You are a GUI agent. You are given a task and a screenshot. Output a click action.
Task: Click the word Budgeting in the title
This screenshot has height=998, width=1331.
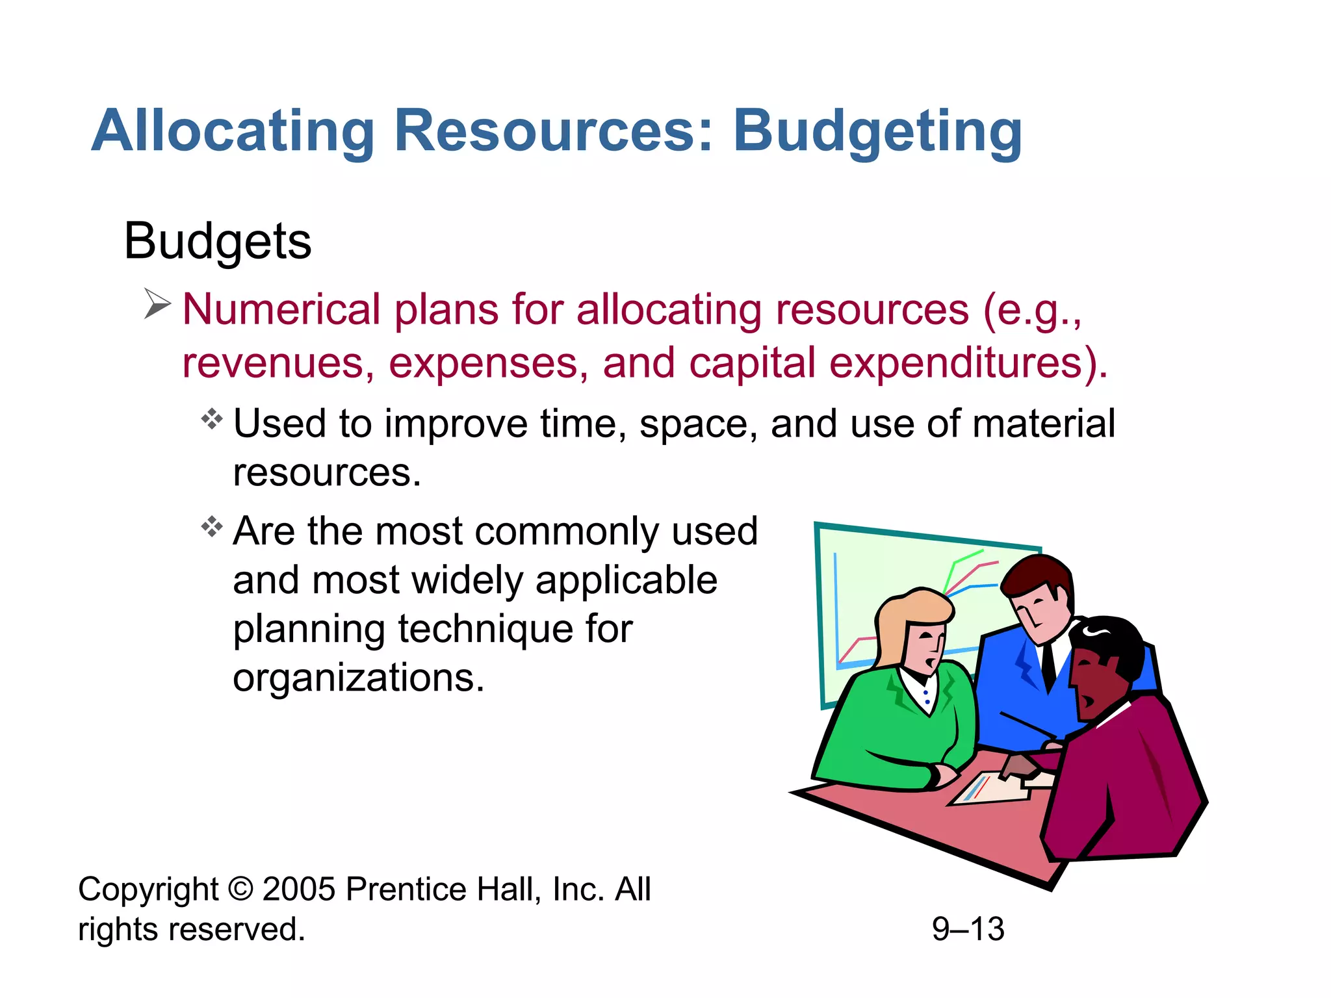877,132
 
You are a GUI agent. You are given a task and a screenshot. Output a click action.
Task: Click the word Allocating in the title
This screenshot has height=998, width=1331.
233,132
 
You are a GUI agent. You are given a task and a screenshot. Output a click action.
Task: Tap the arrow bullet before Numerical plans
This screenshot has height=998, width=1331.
157,304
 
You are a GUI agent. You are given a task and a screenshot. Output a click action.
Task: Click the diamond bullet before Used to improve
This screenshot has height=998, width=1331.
212,419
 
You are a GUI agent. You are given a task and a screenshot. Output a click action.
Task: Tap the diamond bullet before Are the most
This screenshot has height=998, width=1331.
212,526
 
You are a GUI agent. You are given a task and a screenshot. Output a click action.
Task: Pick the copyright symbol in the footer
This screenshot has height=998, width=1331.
240,889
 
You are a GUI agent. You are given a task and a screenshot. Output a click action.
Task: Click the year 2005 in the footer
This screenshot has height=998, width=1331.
298,889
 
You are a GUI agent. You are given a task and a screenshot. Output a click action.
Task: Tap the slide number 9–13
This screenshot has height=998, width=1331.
968,929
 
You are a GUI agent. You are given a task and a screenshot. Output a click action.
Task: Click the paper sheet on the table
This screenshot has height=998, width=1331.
988,789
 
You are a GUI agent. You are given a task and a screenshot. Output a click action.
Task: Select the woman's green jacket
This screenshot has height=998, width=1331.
897,728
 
